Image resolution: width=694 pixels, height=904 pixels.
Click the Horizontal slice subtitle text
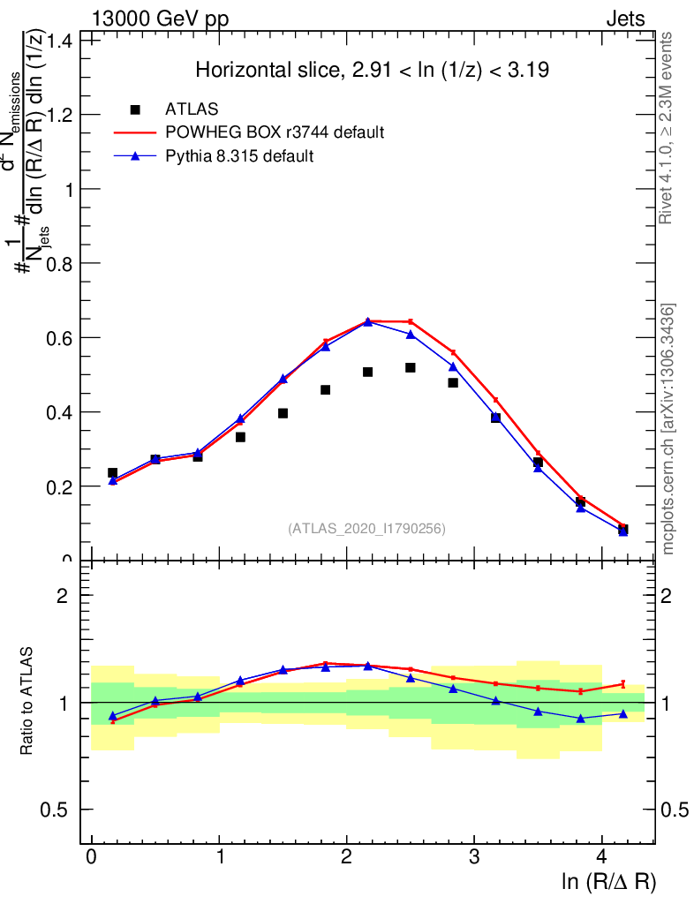(373, 71)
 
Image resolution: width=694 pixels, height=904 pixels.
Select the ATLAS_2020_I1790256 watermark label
(366, 529)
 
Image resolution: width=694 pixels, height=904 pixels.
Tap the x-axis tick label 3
(474, 857)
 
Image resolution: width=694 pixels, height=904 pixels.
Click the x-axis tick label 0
(91, 857)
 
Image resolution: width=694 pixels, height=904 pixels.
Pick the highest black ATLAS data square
(411, 367)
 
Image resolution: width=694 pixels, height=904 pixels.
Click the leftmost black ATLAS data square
(112, 473)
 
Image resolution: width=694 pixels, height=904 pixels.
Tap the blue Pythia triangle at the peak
(368, 321)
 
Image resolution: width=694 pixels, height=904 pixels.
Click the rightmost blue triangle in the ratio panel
(623, 713)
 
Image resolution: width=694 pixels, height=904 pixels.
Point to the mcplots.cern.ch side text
(668, 429)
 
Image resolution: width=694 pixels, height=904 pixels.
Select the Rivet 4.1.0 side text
(668, 129)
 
